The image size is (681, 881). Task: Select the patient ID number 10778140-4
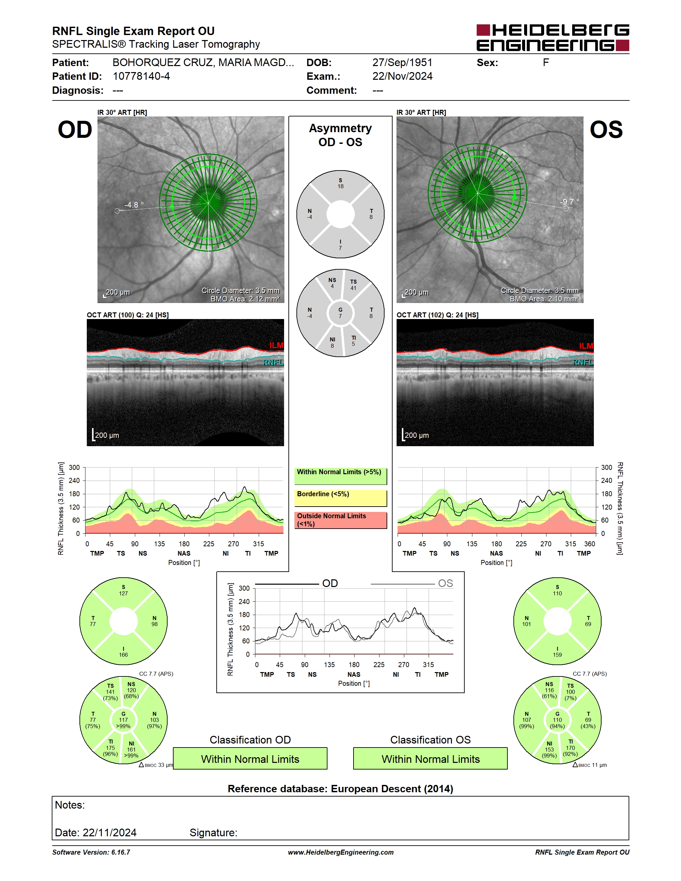coord(141,76)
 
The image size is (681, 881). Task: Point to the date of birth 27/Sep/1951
coord(402,62)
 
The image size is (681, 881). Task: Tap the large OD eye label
coord(75,130)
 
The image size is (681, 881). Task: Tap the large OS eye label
coord(606,130)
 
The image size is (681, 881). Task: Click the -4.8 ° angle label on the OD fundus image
coord(134,205)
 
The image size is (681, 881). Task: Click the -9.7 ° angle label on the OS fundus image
coord(569,202)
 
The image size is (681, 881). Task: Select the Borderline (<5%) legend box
coord(340,498)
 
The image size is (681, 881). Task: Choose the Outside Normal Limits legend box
coord(340,520)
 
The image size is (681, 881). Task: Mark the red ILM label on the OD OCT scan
coord(276,346)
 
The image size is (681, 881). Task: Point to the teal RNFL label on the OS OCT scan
coord(583,362)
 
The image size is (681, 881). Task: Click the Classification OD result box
coord(250,759)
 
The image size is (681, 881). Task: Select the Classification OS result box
coord(431,759)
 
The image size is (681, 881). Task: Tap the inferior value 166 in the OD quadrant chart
coord(124,655)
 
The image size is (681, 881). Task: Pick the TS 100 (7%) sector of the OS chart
coord(571,692)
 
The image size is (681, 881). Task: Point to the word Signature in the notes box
coord(213,833)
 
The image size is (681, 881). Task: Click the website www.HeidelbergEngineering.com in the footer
coord(341,852)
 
